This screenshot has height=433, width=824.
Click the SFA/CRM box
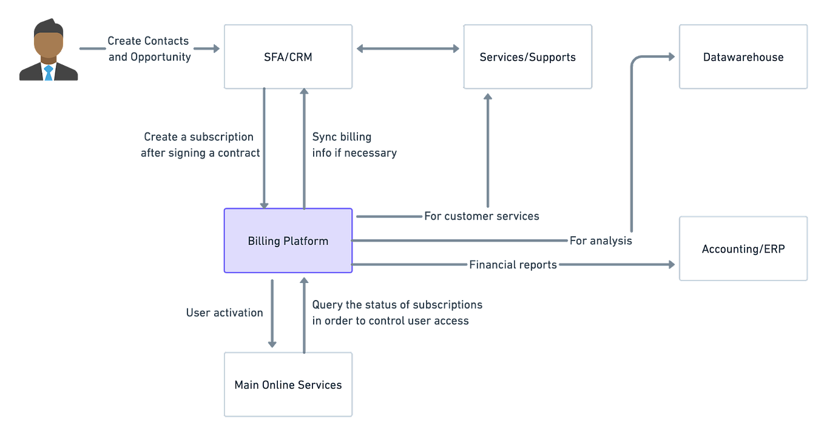click(288, 57)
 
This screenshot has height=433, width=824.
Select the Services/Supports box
click(527, 57)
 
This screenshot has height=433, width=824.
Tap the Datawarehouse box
click(743, 57)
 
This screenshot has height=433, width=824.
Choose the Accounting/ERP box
click(743, 249)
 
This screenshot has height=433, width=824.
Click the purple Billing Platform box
click(288, 241)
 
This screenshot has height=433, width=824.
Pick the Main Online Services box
click(288, 384)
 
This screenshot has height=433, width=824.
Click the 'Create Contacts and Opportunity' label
click(149, 49)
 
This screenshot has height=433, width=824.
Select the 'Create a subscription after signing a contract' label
click(200, 145)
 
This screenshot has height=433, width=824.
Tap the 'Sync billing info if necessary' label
click(354, 145)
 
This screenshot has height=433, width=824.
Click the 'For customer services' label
click(481, 216)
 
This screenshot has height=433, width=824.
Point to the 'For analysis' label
click(601, 241)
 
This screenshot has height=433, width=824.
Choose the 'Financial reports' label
click(513, 265)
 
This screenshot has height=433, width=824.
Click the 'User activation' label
click(224, 313)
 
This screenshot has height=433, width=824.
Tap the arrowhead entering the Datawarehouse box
click(671, 57)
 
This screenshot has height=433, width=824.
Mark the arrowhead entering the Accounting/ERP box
click(671, 264)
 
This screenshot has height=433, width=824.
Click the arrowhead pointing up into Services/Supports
click(486, 97)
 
